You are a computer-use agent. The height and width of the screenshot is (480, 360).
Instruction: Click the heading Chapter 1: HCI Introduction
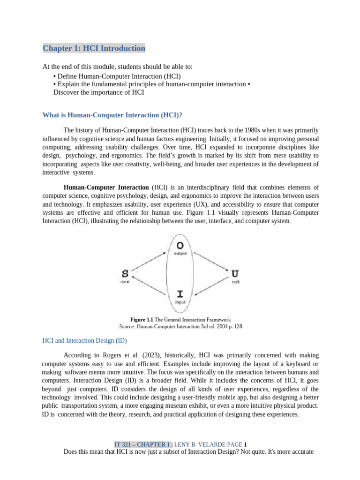tap(94, 48)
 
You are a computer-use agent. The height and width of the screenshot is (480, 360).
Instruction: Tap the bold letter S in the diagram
tap(125, 273)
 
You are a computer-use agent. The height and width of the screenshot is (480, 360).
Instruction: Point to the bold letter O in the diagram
tap(180, 245)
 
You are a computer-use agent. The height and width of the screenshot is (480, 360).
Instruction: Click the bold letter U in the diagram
tap(235, 273)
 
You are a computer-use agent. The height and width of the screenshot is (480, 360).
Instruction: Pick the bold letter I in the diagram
tap(180, 294)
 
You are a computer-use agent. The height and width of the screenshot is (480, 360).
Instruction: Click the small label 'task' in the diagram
tap(236, 282)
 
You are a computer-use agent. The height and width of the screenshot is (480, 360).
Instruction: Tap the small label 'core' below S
tap(125, 282)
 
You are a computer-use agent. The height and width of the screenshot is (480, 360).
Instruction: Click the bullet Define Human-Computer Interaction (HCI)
tap(117, 76)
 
